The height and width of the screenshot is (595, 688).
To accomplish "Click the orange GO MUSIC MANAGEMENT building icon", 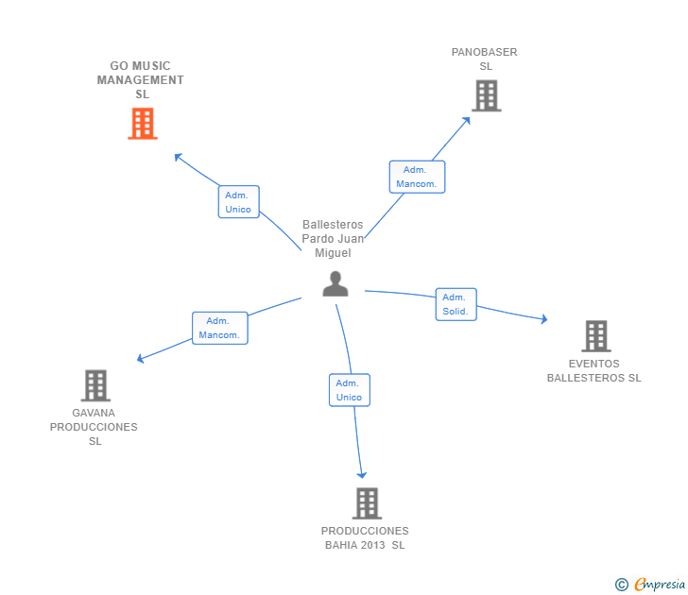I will coord(142,124).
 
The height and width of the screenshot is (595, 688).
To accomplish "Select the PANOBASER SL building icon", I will coord(486,95).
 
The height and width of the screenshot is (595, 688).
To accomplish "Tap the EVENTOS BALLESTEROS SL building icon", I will coord(595,335).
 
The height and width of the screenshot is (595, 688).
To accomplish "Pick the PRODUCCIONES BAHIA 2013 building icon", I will coord(367,503).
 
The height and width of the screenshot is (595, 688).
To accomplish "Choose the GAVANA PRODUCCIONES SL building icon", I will coord(95,385).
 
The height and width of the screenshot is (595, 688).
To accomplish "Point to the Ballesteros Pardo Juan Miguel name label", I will coord(332,239).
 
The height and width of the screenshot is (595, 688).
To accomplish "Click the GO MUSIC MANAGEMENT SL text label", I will coord(141,80).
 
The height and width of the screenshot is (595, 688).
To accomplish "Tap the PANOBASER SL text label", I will coord(485,59).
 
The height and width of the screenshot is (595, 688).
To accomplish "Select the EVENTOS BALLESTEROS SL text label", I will coord(593,371).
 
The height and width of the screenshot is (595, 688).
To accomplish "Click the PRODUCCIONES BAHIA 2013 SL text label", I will coord(365,537).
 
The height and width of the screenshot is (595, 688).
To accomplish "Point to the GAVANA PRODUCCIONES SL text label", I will coord(94,427).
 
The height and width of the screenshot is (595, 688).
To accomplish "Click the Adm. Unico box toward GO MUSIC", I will coord(238,202).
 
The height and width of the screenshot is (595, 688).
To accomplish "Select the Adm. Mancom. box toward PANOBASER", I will coord(417,177).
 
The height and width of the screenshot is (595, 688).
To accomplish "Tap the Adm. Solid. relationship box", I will coord(456,304).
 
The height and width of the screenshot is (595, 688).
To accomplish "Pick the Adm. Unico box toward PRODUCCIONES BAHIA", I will coord(349,390).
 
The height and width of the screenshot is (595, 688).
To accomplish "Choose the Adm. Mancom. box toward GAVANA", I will coord(220,328).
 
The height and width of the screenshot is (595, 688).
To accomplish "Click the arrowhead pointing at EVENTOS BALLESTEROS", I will coord(543,320).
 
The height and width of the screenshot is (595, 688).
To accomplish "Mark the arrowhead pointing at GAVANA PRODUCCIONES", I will coord(141,359).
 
